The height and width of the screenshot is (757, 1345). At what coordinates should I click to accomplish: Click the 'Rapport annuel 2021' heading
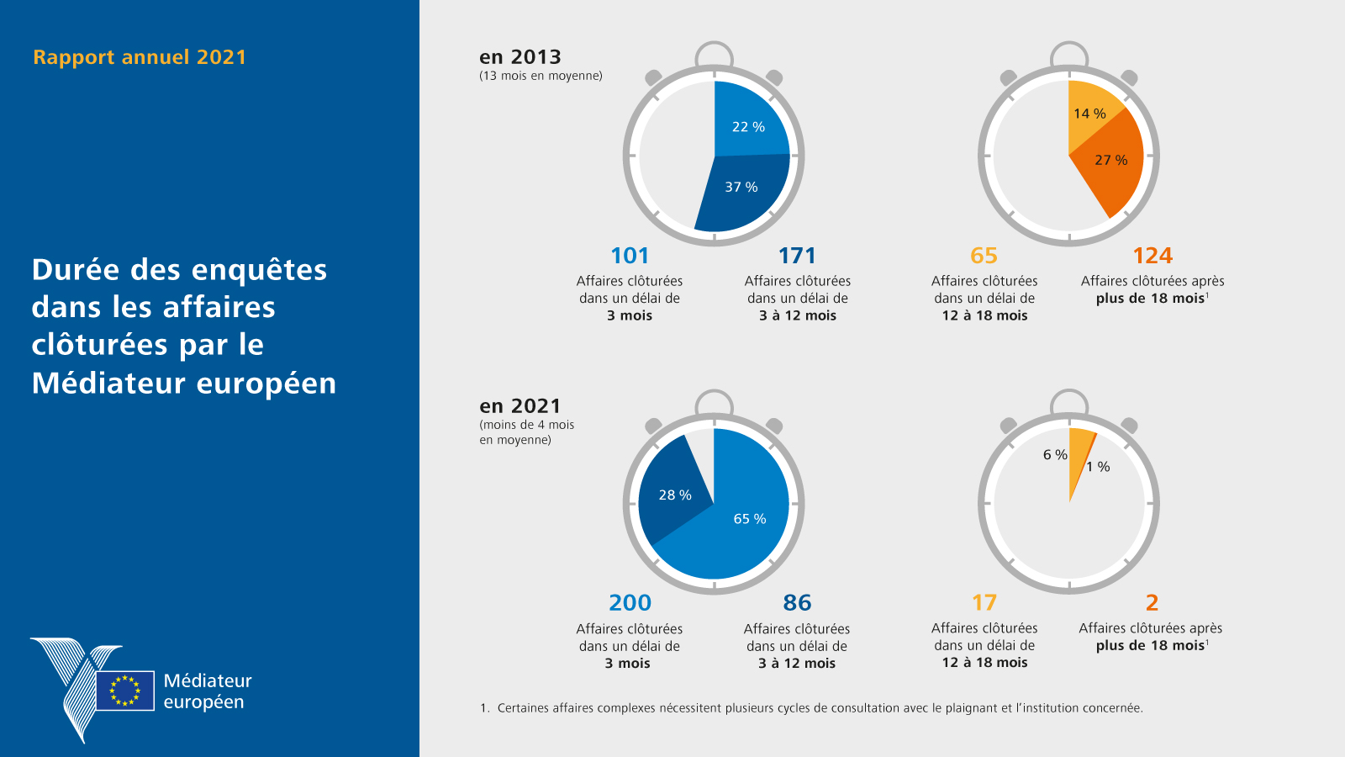click(140, 57)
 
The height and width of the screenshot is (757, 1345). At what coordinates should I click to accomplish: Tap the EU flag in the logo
click(125, 691)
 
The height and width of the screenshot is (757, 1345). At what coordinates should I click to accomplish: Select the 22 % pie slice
click(748, 122)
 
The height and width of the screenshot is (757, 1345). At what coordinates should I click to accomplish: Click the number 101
click(630, 256)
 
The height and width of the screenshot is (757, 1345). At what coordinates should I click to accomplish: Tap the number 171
click(797, 256)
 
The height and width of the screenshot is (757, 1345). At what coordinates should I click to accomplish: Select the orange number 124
click(1152, 256)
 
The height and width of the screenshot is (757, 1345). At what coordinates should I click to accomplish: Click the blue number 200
click(630, 603)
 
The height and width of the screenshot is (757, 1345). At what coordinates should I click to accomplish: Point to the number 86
click(797, 603)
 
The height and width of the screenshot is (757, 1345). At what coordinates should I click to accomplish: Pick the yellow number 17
click(984, 603)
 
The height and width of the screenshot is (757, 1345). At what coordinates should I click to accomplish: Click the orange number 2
click(1152, 603)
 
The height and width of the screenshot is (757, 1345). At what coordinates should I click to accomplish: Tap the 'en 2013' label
click(520, 57)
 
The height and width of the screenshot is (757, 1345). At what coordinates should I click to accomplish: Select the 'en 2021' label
click(520, 406)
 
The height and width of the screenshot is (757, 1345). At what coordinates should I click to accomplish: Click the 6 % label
click(1055, 455)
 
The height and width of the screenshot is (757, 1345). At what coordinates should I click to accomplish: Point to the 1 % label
click(1098, 467)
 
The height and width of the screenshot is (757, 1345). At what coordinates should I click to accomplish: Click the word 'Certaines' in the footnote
click(523, 708)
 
